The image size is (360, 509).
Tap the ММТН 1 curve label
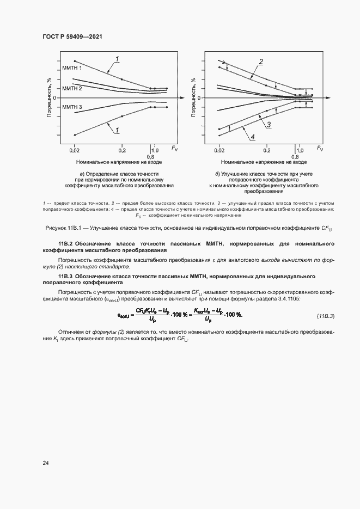point(72,68)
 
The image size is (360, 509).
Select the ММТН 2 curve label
point(72,88)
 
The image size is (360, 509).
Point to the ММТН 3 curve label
point(72,107)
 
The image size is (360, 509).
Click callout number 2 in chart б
point(261,61)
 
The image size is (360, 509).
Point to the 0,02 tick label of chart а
point(75,149)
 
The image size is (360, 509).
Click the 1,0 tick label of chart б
point(300,149)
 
